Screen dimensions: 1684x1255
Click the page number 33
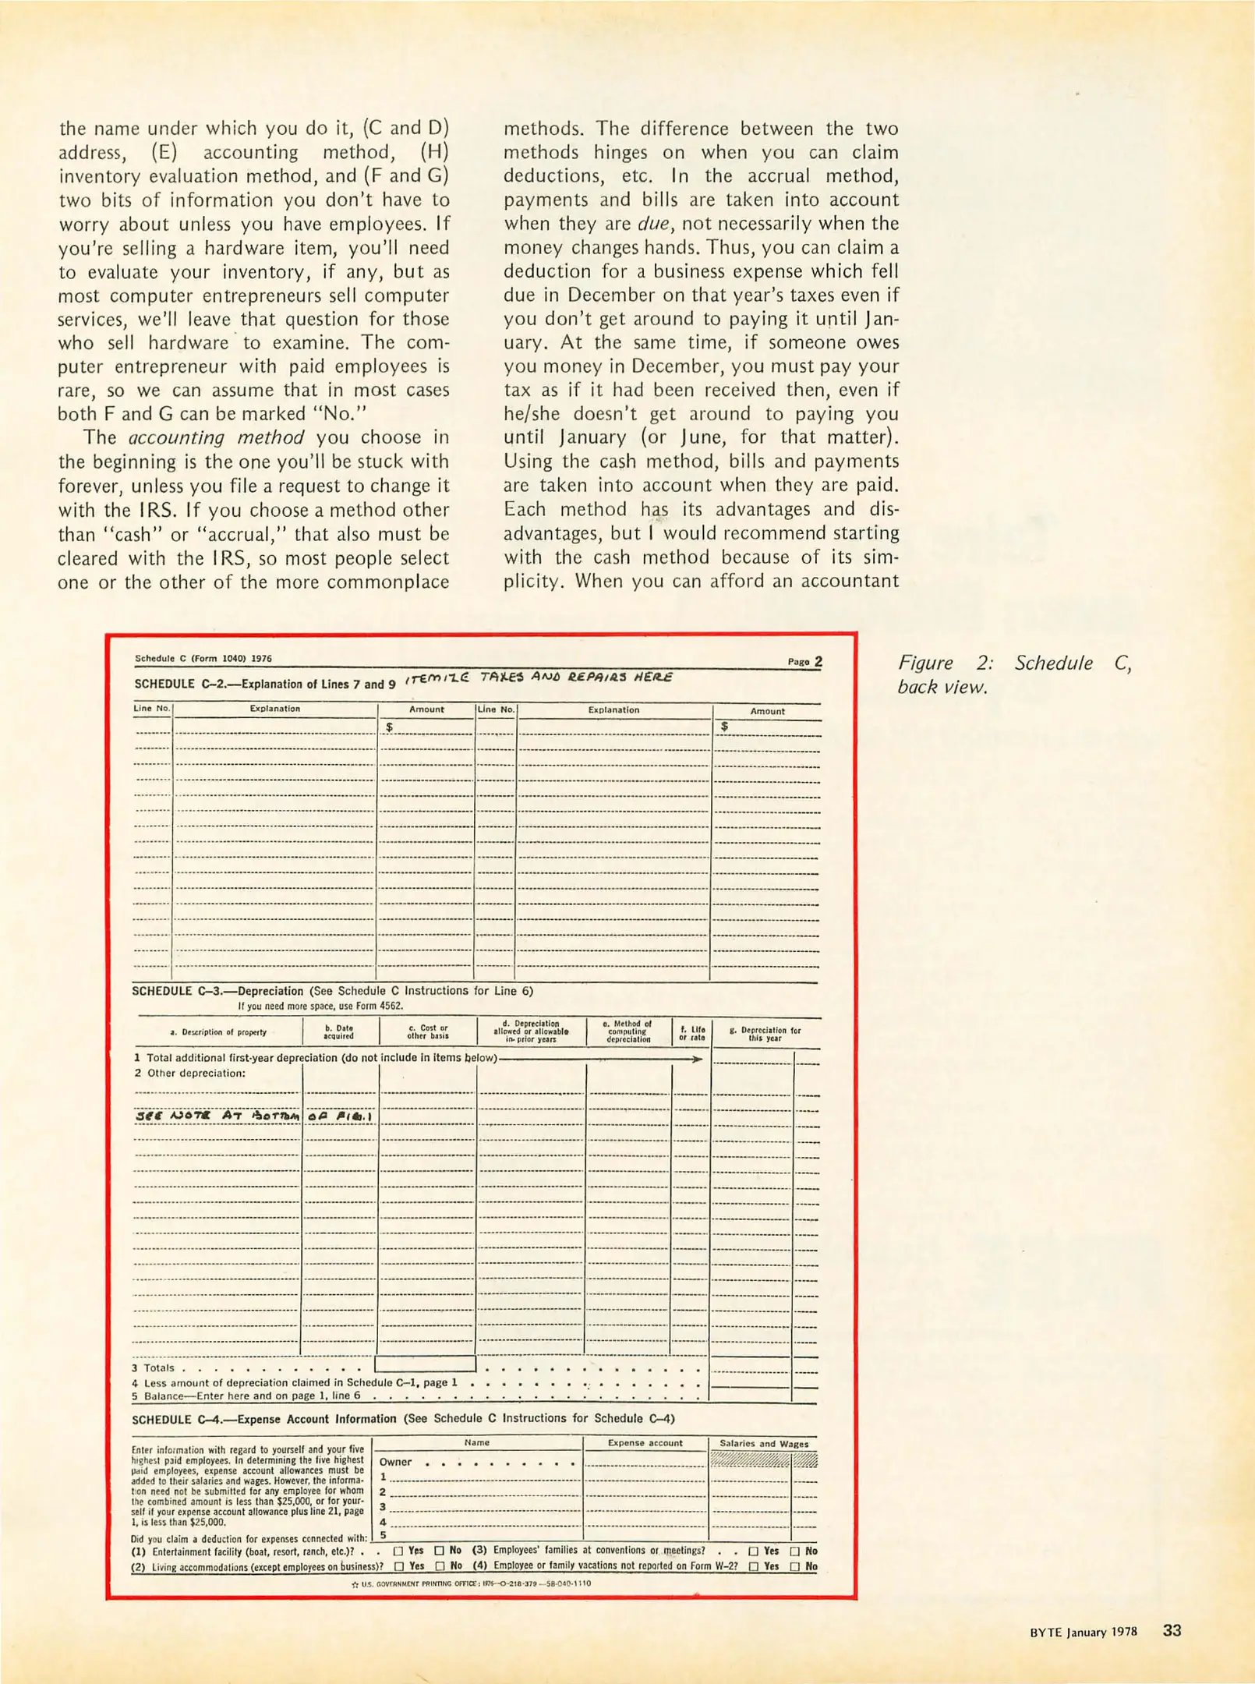tap(1172, 1630)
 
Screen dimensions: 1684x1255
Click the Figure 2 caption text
tap(1013, 674)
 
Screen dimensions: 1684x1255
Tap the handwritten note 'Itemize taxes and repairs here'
tap(538, 677)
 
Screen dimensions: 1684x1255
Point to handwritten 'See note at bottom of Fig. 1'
tap(253, 1116)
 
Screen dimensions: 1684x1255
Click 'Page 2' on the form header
tap(804, 661)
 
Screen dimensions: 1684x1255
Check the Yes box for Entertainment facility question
tap(398, 1551)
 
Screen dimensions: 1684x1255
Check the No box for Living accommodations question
tap(440, 1566)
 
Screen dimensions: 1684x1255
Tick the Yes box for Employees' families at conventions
tap(754, 1551)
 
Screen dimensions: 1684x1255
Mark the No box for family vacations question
tap(795, 1566)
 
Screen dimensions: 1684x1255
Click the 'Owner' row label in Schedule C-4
tap(395, 1462)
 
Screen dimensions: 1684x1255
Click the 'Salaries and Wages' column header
tap(763, 1444)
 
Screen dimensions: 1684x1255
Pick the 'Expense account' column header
tap(645, 1443)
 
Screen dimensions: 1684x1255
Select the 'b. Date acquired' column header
tap(339, 1031)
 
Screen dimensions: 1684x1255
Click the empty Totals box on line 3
tap(425, 1364)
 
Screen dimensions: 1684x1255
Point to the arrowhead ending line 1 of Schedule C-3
tap(697, 1059)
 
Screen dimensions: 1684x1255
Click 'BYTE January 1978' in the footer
tap(1083, 1632)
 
